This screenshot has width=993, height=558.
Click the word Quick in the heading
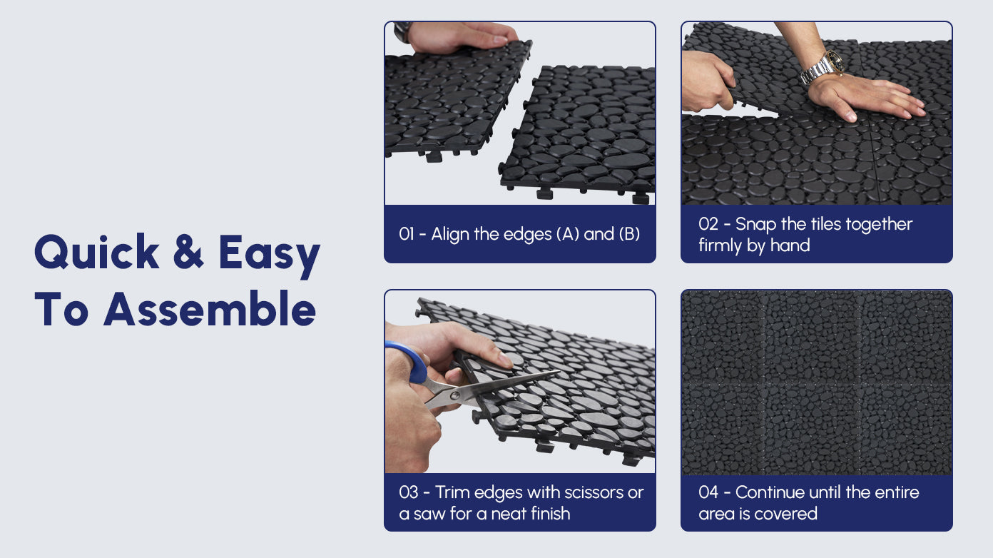96,251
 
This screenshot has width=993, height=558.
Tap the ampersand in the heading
188,251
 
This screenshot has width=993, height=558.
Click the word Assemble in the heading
210,308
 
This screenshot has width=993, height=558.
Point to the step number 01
407,234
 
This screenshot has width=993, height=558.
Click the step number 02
708,224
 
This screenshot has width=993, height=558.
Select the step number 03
408,492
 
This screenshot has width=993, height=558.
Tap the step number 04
708,492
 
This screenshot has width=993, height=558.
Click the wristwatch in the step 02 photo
823,67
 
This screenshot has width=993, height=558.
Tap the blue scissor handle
412,360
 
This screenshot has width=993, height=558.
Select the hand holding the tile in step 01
461,37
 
